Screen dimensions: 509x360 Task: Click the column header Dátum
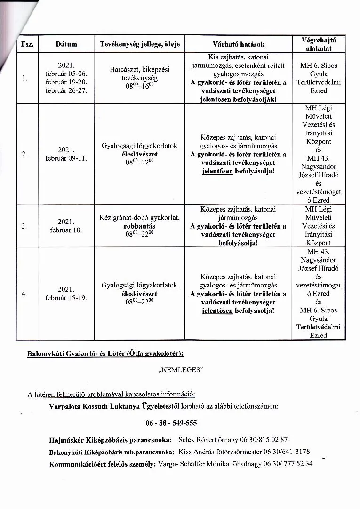coord(66,44)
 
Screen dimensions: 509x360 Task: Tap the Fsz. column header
coord(26,44)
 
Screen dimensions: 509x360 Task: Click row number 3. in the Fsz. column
coord(24,226)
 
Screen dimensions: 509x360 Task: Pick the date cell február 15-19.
coord(66,298)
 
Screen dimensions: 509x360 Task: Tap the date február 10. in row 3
coord(66,230)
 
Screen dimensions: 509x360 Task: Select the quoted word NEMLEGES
coord(181,370)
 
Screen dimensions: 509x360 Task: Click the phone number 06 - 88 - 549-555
coord(171,423)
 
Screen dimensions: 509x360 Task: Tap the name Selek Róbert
coord(199,440)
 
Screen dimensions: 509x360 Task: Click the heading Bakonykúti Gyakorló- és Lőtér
coord(88,353)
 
